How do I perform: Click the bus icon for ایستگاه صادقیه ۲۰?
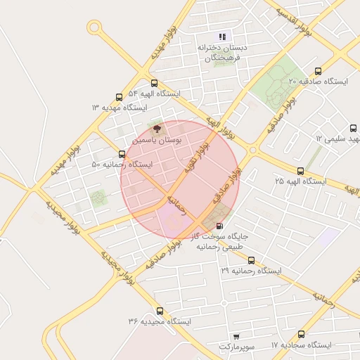point(319,71)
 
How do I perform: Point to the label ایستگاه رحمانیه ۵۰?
point(122,165)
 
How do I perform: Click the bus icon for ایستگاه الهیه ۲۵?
point(301,171)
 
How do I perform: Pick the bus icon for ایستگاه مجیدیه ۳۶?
point(160,310)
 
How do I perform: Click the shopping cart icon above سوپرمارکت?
point(236,337)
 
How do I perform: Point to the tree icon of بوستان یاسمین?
point(157,129)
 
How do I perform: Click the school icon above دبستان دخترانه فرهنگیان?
point(222,37)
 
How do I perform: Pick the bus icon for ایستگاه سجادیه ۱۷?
point(301,335)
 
